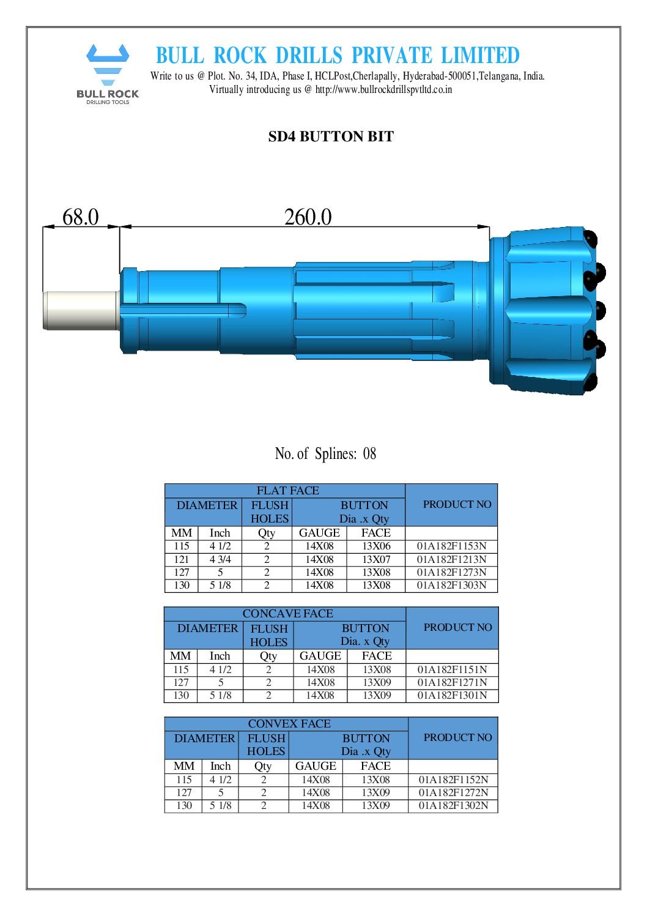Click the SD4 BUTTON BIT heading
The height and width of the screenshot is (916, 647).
pyautogui.click(x=330, y=136)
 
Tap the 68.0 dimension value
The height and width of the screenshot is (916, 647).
pyautogui.click(x=80, y=217)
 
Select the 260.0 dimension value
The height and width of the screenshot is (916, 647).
pyautogui.click(x=308, y=217)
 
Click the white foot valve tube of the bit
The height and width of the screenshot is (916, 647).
pyautogui.click(x=81, y=310)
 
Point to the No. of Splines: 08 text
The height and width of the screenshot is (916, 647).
pyautogui.click(x=325, y=454)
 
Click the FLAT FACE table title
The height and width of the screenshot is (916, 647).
pyautogui.click(x=287, y=491)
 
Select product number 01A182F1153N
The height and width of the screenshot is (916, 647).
pyautogui.click(x=451, y=546)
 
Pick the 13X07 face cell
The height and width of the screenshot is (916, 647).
pyautogui.click(x=375, y=559)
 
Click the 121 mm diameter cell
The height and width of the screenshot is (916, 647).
pyautogui.click(x=181, y=559)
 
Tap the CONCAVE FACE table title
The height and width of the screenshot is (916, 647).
pyautogui.click(x=287, y=614)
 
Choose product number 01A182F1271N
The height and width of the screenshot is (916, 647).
pyautogui.click(x=452, y=682)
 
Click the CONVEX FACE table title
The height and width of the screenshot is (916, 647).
pyautogui.click(x=289, y=724)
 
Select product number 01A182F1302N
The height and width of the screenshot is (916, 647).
pyautogui.click(x=453, y=806)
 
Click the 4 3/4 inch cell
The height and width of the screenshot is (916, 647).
pyautogui.click(x=220, y=559)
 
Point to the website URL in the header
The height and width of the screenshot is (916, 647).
pyautogui.click(x=383, y=89)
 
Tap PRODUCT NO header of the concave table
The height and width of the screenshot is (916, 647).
pyautogui.click(x=457, y=628)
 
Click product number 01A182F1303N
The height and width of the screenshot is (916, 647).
pyautogui.click(x=451, y=586)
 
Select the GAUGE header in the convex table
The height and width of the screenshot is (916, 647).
pyautogui.click(x=316, y=766)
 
